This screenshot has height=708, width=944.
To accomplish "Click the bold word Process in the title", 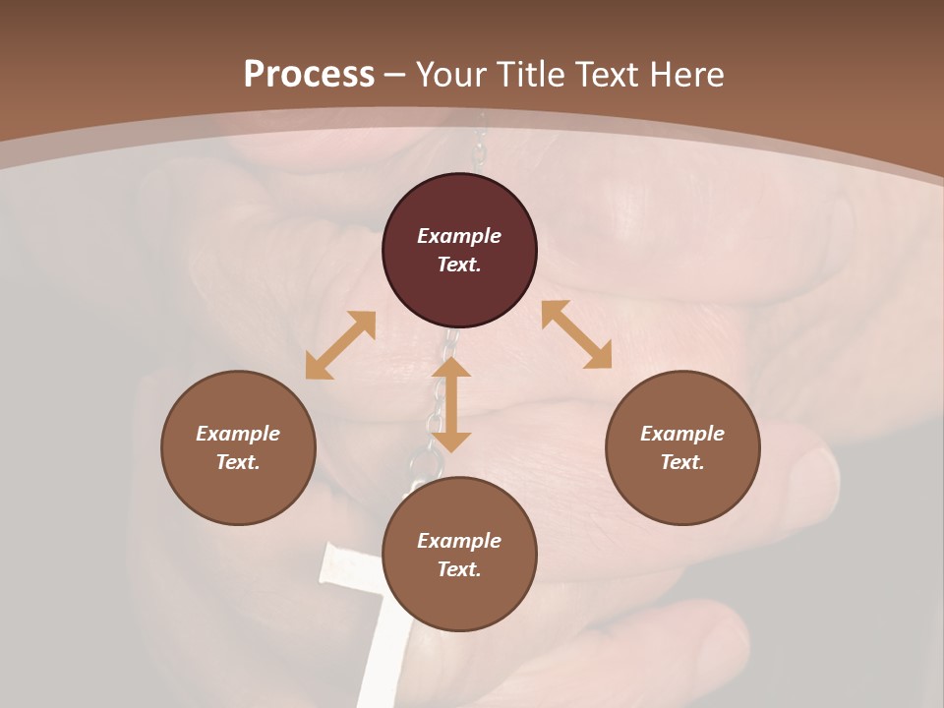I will [x=309, y=75].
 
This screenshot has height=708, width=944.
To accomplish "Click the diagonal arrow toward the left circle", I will [x=340, y=345].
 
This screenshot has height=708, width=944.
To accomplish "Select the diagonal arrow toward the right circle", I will [x=577, y=334].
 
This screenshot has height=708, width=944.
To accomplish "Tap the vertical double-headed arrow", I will [x=451, y=404].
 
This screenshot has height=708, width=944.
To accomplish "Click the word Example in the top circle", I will [x=459, y=236].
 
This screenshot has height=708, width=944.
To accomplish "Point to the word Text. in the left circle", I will [x=238, y=462].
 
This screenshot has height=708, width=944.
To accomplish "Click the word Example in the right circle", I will [x=682, y=434].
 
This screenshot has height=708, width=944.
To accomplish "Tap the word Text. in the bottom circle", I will [x=459, y=569].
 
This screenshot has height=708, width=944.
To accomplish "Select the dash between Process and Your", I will [x=395, y=75].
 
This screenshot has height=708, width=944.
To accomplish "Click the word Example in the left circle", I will [x=238, y=434].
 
